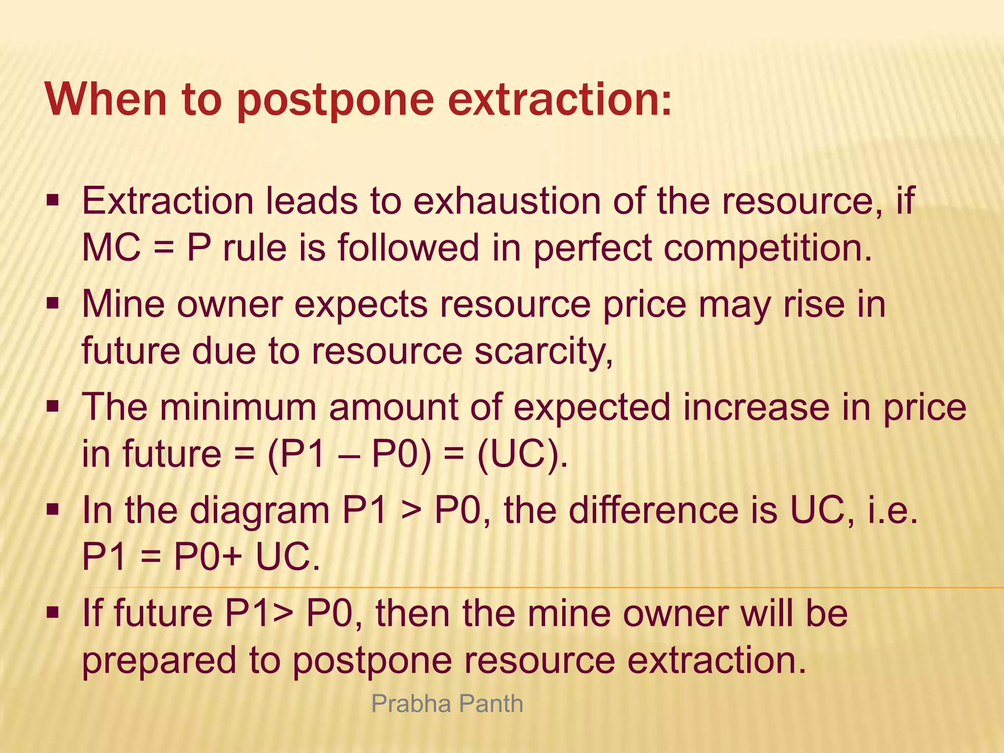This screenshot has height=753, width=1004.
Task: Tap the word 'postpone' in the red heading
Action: tap(336, 100)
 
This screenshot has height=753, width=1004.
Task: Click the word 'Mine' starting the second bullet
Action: tap(123, 304)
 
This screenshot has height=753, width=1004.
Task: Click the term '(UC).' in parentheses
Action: tap(522, 454)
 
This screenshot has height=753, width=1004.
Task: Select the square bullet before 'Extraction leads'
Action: tap(52, 201)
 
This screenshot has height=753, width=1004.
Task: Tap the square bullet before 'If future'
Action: tap(52, 612)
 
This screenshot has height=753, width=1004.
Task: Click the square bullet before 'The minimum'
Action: tap(52, 406)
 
